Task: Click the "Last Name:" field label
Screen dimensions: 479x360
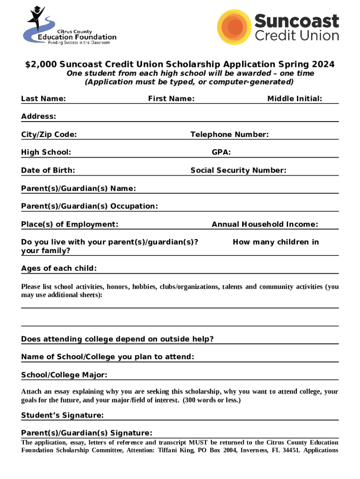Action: point(43,99)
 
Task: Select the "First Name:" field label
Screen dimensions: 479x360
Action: point(171,99)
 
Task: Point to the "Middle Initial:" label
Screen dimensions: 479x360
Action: point(295,99)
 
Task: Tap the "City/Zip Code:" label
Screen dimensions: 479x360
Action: point(49,135)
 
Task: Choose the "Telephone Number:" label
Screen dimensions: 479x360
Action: point(230,135)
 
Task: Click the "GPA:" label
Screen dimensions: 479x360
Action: point(221,152)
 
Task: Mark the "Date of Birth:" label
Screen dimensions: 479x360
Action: point(48,170)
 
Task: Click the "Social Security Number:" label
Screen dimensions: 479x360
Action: point(238,170)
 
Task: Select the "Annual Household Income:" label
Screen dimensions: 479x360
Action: point(265,224)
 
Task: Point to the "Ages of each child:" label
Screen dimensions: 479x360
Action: point(59,269)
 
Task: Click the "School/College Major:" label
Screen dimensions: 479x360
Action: point(64,375)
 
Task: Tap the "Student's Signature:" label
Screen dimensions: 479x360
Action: point(62,415)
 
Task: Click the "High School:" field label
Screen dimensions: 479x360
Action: point(46,152)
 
